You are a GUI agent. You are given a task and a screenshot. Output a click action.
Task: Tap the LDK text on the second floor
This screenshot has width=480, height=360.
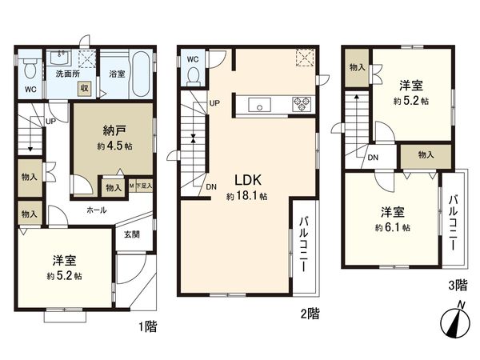[x=244, y=180]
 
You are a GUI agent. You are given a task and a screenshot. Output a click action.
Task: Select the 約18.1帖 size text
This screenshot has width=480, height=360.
[x=246, y=196]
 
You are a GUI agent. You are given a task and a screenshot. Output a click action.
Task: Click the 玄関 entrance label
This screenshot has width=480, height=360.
[x=131, y=234]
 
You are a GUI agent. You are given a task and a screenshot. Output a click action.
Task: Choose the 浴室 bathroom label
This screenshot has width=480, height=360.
[x=116, y=72]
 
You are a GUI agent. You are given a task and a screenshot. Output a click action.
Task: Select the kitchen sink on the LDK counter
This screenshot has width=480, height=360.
[x=259, y=102]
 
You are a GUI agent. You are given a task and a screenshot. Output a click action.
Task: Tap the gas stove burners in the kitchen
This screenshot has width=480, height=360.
[x=303, y=102]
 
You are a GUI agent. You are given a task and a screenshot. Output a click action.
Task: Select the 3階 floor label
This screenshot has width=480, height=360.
[x=458, y=284]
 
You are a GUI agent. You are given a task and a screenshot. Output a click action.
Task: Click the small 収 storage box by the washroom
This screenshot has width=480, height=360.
[x=83, y=88]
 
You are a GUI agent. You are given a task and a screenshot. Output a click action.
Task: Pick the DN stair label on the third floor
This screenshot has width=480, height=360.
[x=373, y=158]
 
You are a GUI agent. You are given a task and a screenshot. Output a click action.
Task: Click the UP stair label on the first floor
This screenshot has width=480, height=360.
[x=50, y=122]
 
